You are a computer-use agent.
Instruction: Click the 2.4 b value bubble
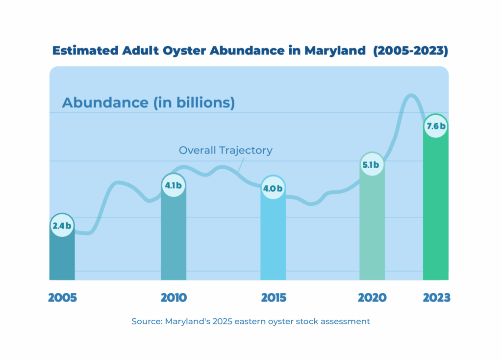[x=62, y=226]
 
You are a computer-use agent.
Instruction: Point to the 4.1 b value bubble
[x=174, y=185]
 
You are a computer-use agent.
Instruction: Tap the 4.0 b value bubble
[x=273, y=188]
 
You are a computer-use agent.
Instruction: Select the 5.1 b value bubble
[x=372, y=165]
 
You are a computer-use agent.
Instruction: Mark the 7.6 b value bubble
[x=435, y=126]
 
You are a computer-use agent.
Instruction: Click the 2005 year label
[x=62, y=298]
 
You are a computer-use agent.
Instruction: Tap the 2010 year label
[x=174, y=298]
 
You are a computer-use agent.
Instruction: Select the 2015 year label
[x=273, y=298]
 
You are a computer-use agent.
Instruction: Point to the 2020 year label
[x=372, y=298]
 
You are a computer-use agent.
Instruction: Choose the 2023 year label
[x=436, y=298]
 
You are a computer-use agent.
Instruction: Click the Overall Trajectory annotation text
[x=226, y=150]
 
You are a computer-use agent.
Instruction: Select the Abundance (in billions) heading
[x=148, y=103]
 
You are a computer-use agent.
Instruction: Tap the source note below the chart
[x=251, y=322]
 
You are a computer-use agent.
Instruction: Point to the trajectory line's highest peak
[x=411, y=95]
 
